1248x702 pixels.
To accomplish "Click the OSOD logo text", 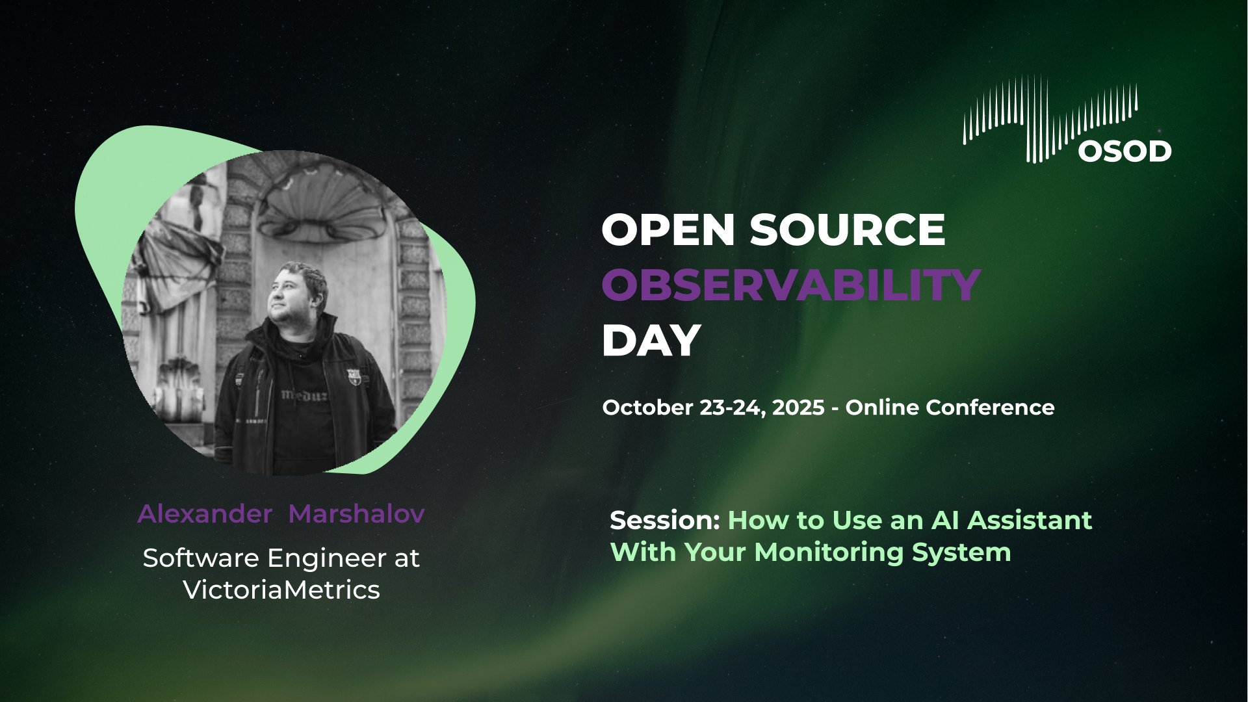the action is click(1125, 151).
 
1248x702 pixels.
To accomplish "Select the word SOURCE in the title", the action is click(848, 229).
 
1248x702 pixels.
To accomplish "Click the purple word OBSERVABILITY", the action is click(791, 285).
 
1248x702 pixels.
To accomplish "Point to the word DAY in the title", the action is click(651, 340).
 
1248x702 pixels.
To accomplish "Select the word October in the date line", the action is click(648, 408).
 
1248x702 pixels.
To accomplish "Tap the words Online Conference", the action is click(950, 408).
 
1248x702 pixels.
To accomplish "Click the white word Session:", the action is click(666, 521).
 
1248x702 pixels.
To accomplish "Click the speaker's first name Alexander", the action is click(205, 514).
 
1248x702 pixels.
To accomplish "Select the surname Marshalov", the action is click(356, 514).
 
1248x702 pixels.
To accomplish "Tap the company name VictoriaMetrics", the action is click(281, 590).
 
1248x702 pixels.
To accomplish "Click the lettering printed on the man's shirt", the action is click(304, 395).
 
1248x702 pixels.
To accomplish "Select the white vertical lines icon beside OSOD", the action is click(1050, 118).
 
